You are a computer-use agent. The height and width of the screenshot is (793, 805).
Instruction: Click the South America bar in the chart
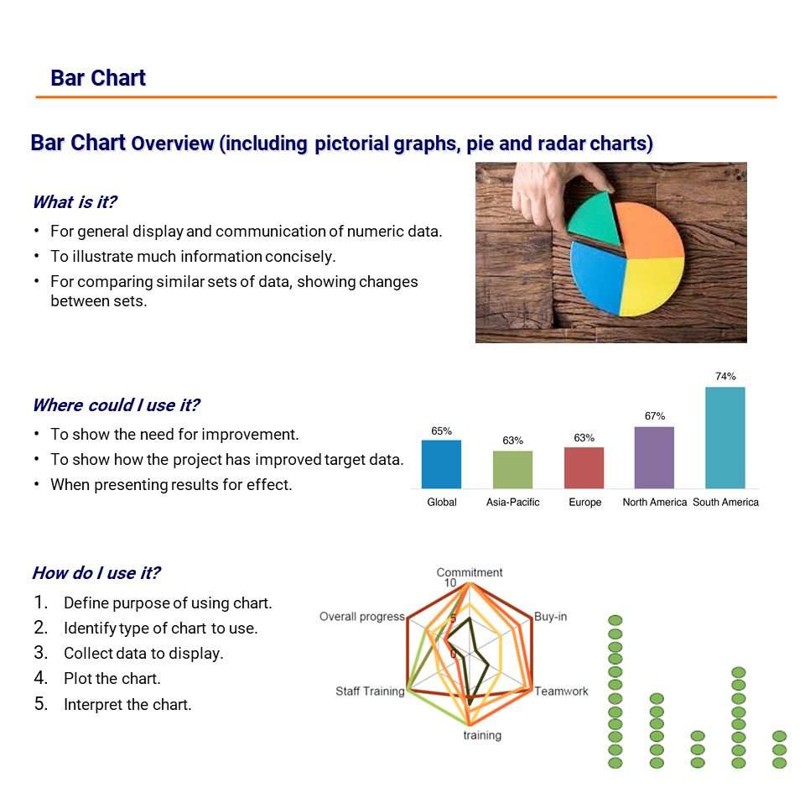pos(724,437)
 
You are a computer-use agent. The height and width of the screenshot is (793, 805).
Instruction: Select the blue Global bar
pos(441,464)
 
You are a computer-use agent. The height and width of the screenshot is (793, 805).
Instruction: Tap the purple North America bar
pos(654,457)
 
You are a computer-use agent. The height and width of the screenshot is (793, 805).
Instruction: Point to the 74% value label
pos(725,377)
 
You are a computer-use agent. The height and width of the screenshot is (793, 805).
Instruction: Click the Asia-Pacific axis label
pos(512,502)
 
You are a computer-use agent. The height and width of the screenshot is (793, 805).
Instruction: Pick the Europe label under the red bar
pos(584,502)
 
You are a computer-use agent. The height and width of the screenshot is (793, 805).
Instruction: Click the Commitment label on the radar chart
pos(470,572)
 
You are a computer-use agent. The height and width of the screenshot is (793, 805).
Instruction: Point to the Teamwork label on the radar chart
pos(561,691)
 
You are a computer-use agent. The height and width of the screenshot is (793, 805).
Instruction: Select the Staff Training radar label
pos(370,691)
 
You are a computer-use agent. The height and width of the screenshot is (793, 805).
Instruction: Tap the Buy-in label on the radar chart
pos(550,617)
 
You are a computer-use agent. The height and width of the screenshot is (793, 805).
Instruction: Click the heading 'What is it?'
pos(74,202)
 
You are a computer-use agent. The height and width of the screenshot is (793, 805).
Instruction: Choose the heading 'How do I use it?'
pos(96,573)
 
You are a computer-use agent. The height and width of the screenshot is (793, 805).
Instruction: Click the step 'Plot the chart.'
pos(112,679)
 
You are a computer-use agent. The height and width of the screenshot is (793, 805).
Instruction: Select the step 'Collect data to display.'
pos(143,654)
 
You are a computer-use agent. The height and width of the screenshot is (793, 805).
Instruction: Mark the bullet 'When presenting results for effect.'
pos(171,484)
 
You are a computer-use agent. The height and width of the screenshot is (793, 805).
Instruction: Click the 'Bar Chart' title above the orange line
pos(98,78)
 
